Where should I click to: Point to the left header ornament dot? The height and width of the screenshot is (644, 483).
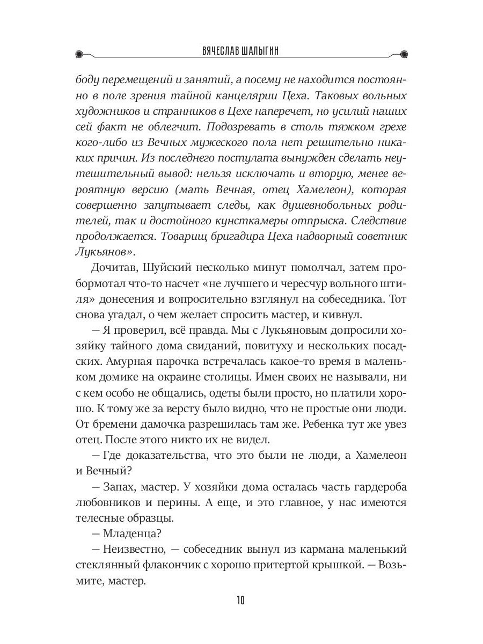click(x=79, y=53)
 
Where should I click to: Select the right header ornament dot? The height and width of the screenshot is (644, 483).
click(x=404, y=53)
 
